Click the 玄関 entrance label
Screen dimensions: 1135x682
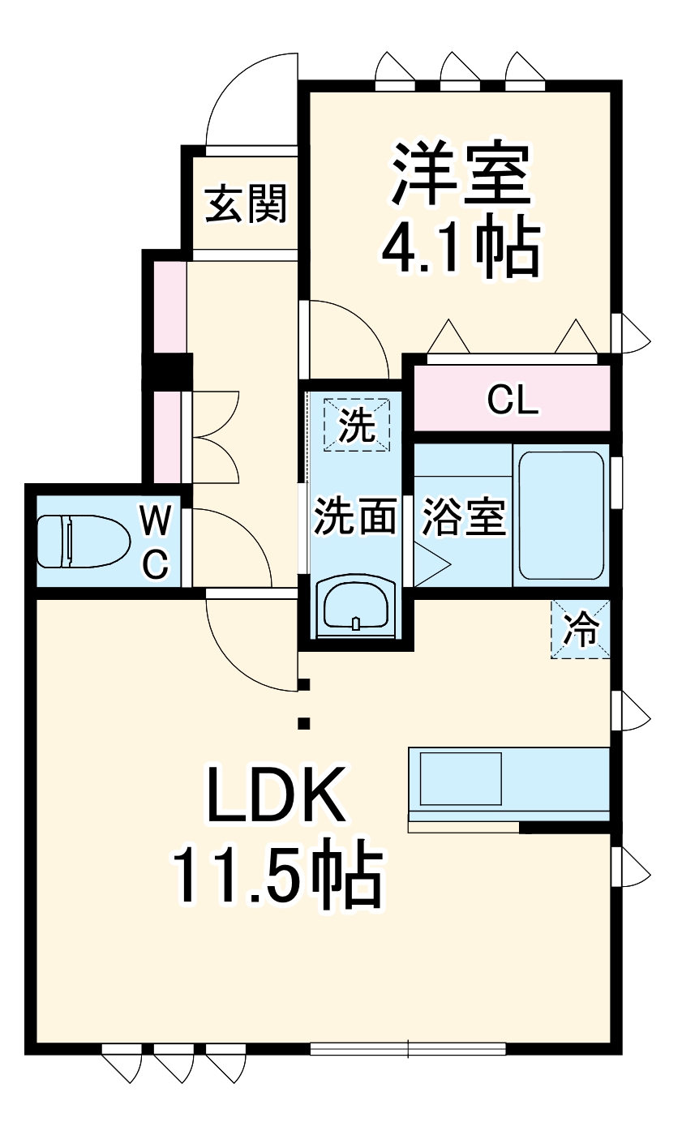[x=245, y=203]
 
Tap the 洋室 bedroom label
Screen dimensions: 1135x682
[x=461, y=173]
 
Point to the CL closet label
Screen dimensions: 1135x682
[x=513, y=399]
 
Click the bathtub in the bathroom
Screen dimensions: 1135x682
[x=561, y=516]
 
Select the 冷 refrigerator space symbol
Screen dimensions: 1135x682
[x=581, y=628]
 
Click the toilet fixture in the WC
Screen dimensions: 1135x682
[x=83, y=541]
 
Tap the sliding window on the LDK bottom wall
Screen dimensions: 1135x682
[x=408, y=1047]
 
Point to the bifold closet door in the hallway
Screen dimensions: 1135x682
[x=212, y=438]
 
